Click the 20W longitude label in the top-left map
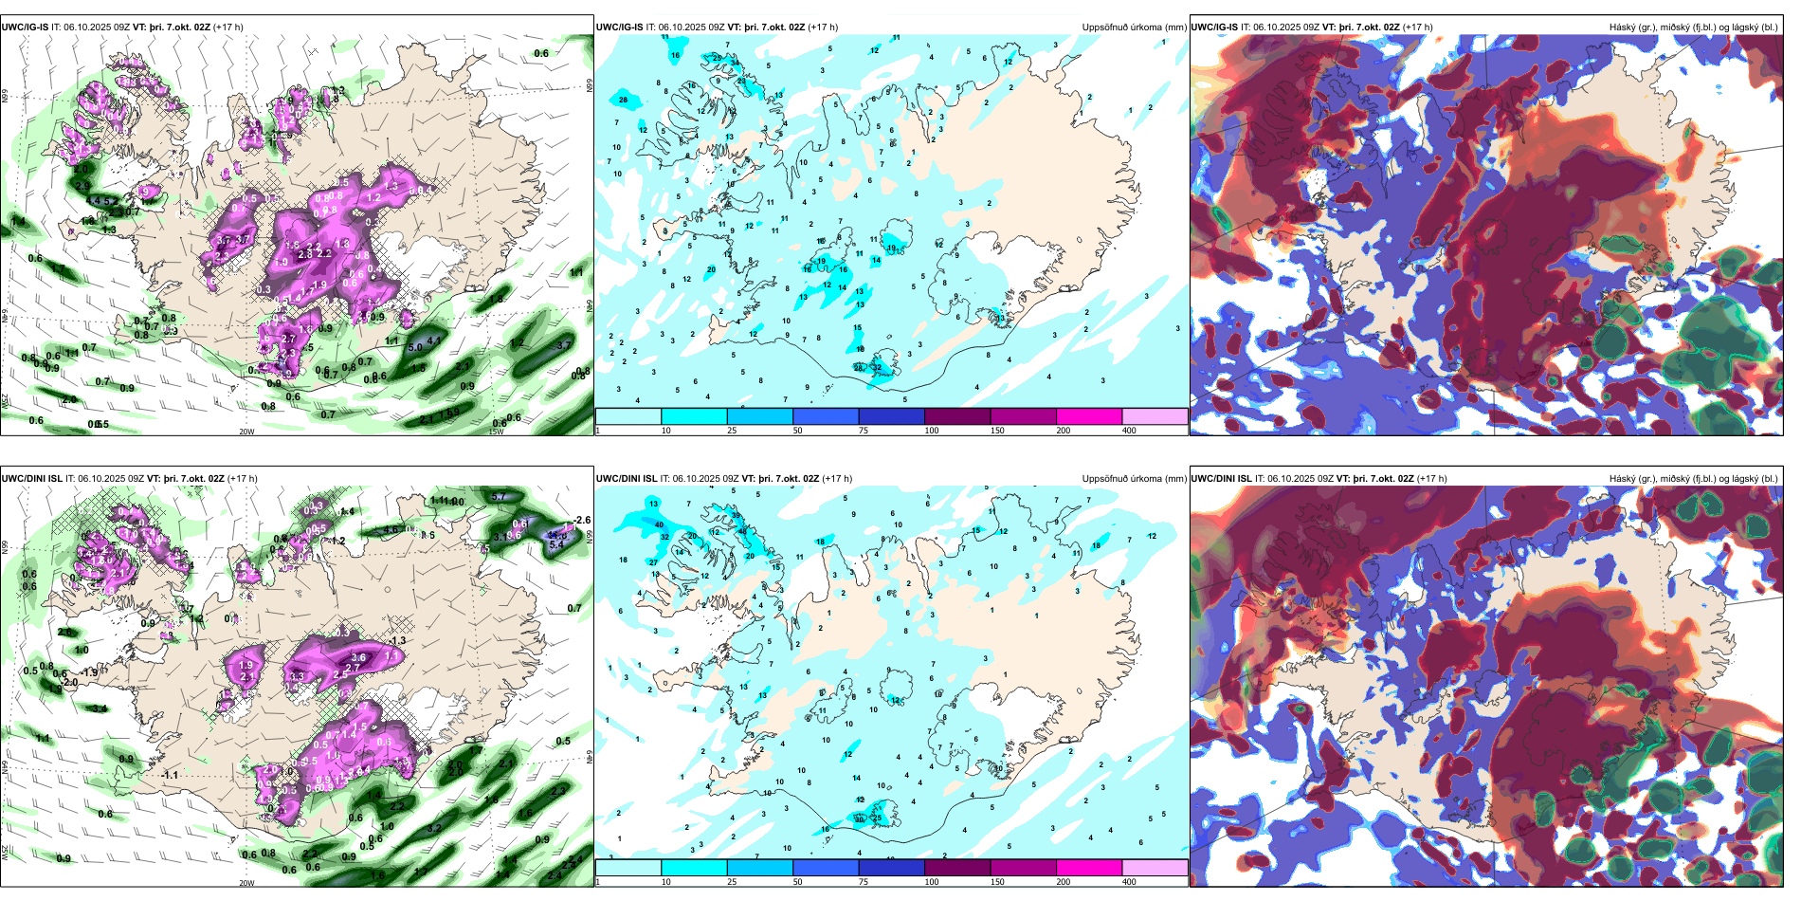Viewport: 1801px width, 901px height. [246, 432]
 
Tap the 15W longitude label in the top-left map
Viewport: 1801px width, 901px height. [495, 432]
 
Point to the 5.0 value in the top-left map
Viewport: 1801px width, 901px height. [415, 348]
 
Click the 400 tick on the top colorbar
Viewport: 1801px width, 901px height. [1129, 431]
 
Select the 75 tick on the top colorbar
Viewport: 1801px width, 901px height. [864, 431]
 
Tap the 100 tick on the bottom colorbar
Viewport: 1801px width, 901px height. [932, 882]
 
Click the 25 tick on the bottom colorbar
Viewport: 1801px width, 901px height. [732, 882]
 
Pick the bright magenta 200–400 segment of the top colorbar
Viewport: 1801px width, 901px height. [1088, 416]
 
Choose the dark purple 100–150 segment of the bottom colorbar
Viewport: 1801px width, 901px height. [956, 868]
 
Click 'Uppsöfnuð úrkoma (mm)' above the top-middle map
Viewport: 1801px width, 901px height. [1134, 28]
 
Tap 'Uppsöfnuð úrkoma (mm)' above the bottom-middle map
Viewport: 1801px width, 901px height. [1134, 479]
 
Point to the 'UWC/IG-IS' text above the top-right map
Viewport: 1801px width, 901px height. [1214, 28]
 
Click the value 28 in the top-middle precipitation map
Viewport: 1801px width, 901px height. [623, 100]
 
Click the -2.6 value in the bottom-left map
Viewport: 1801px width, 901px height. [582, 521]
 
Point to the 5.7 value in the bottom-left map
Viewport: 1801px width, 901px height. [500, 496]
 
